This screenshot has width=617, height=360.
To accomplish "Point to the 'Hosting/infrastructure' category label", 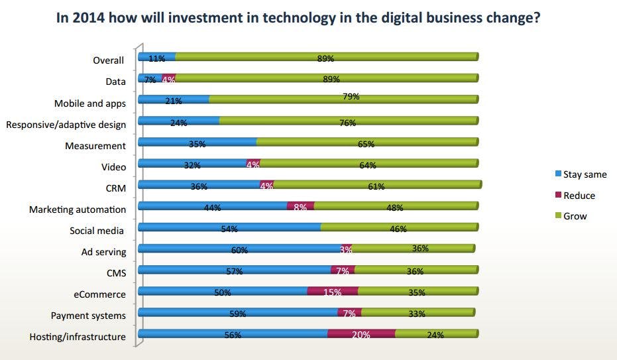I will click(77, 337).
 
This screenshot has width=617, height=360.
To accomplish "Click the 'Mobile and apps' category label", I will click(89, 103).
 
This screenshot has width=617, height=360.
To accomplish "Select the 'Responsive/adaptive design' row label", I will click(66, 125).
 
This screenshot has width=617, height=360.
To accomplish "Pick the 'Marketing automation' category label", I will click(77, 210).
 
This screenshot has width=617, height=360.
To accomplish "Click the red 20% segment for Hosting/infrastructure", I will click(361, 334).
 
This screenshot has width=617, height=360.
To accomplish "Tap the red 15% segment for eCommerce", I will click(333, 292).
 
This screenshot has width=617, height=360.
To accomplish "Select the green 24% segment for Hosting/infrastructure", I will click(436, 334).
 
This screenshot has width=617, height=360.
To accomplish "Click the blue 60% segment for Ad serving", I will click(239, 249).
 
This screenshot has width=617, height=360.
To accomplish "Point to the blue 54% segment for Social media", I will click(229, 228).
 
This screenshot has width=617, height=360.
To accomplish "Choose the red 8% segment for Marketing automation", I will click(300, 207).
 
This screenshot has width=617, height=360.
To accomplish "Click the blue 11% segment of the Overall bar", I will click(156, 58).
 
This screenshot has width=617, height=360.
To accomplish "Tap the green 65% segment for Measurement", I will click(367, 143).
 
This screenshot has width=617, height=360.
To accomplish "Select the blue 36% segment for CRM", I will click(199, 186).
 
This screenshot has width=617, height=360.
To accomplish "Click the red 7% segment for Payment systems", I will click(349, 313).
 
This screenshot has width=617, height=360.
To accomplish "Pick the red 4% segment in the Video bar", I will click(252, 164).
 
